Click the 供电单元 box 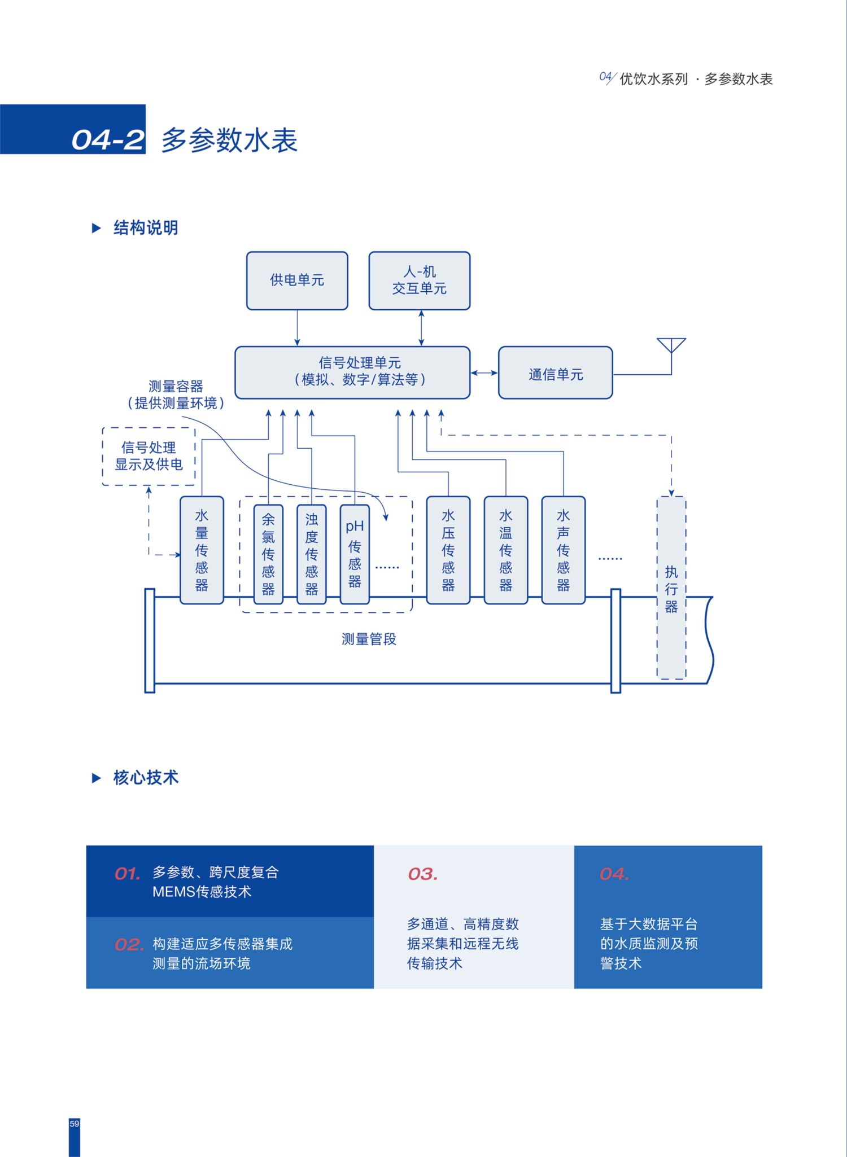pos(297,281)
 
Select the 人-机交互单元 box pos(420,281)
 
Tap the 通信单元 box pos(556,373)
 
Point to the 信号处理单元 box pos(352,373)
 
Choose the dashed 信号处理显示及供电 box pos(149,457)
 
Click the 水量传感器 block pos(202,550)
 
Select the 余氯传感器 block pos(268,554)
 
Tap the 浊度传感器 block pos(311,554)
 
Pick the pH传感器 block pos(355,554)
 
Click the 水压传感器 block pos(448,550)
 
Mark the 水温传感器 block pos(506,550)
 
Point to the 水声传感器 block pos(564,550)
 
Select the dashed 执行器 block pos(671,588)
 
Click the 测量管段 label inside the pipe pos(369,639)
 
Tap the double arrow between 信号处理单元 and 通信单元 pos(484,372)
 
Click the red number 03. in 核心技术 pos(423,874)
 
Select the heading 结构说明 pos(146,228)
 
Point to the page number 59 pos(75,1124)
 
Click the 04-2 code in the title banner pos(108,140)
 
